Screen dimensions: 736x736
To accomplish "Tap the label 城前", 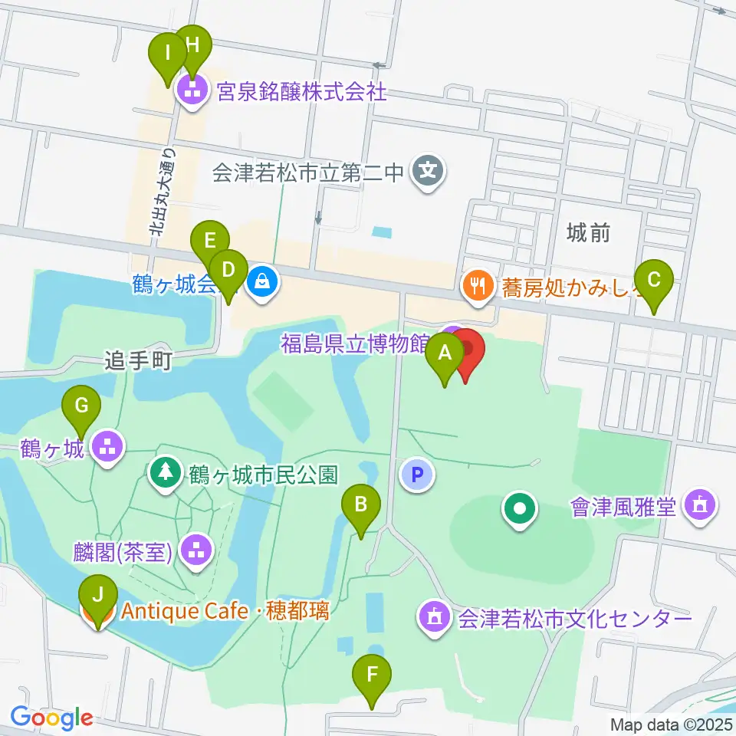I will pyautogui.click(x=589, y=233).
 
